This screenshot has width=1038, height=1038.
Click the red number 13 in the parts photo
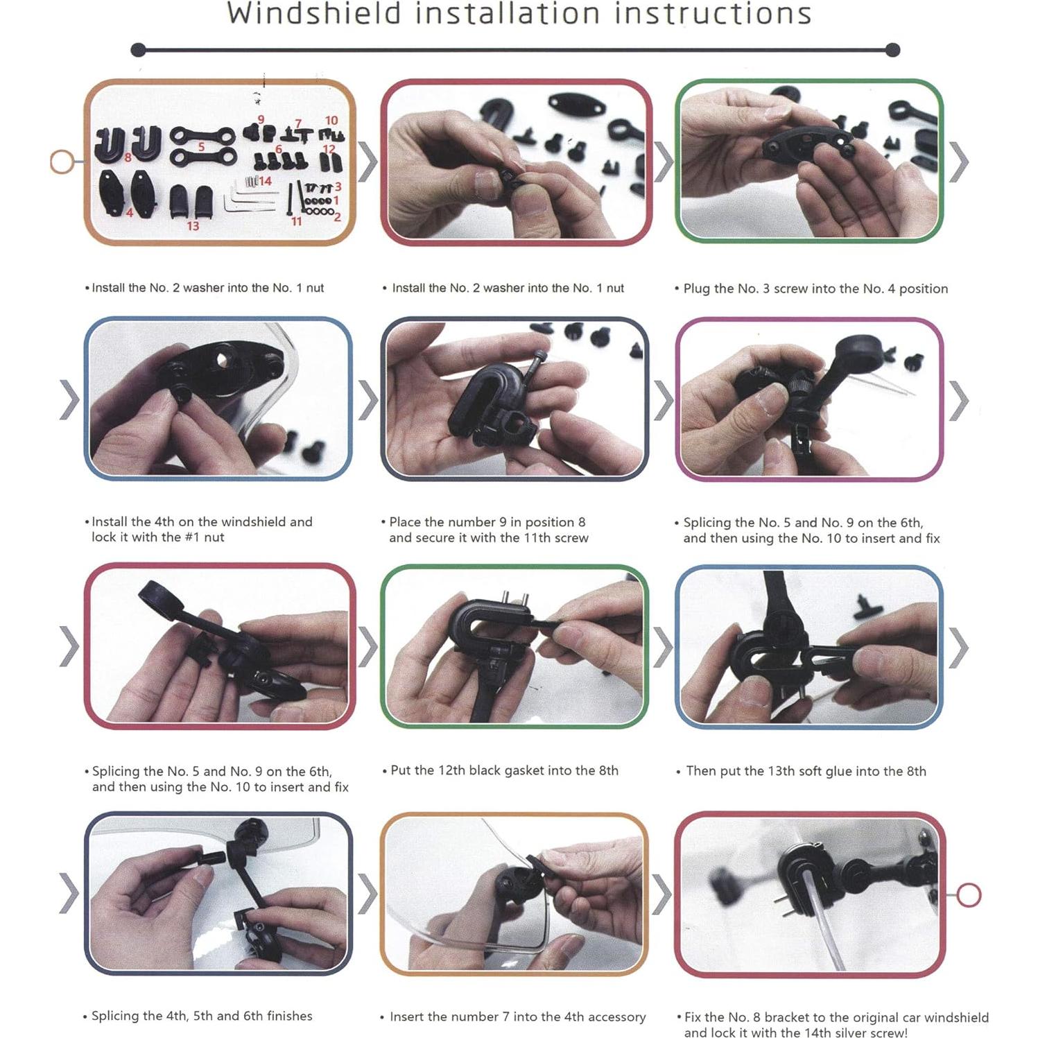click(x=193, y=226)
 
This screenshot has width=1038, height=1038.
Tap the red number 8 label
click(x=128, y=158)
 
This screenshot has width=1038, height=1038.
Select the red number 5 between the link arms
click(x=202, y=147)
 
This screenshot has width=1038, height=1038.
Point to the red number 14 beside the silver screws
click(x=266, y=181)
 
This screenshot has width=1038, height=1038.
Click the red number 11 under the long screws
click(x=297, y=221)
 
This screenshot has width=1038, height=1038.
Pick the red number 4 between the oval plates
click(x=130, y=212)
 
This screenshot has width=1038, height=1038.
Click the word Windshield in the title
click(x=314, y=14)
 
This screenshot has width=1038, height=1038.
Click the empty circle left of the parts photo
click(x=62, y=162)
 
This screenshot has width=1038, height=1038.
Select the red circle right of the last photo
click(x=969, y=894)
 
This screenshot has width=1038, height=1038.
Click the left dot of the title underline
click(x=138, y=50)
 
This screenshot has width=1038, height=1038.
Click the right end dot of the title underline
click(x=893, y=50)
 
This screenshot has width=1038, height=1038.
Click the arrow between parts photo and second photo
click(x=368, y=162)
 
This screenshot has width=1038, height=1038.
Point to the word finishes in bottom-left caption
click(x=289, y=1016)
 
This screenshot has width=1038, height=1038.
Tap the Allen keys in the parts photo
click(x=239, y=204)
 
